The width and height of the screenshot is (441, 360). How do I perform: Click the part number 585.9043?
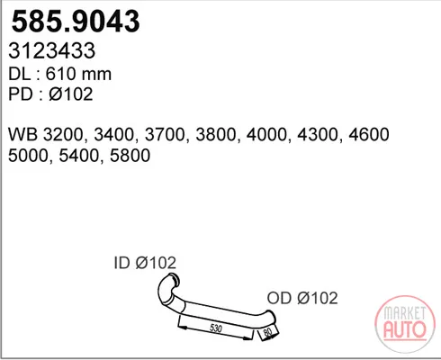click(x=76, y=22)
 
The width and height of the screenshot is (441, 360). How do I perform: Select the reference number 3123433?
click(x=52, y=50)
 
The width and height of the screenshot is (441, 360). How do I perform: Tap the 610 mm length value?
click(x=78, y=74)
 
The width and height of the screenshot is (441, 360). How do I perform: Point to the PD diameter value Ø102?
click(x=71, y=94)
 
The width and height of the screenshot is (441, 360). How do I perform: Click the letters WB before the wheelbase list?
click(x=23, y=134)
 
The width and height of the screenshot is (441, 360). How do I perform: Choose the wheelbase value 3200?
click(x=63, y=134)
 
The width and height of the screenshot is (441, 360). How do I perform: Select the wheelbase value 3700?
click(x=165, y=134)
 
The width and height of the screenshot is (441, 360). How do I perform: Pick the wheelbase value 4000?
click(x=266, y=134)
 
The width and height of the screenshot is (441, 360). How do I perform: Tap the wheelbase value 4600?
click(x=369, y=134)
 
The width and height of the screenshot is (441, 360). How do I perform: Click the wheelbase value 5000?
click(x=28, y=156)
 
